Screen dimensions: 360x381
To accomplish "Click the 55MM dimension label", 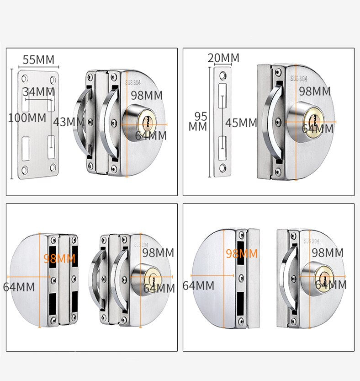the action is (38, 60).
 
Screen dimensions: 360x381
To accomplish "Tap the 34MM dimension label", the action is (38, 92).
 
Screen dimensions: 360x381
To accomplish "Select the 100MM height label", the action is (27, 118).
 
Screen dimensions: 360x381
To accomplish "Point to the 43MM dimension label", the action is (69, 122).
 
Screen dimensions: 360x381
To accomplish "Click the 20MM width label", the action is (223, 58).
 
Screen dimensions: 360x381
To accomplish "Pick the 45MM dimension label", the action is (241, 123).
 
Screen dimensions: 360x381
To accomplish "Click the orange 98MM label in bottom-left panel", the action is (59, 259).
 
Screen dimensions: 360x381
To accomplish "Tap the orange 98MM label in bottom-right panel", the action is (242, 254).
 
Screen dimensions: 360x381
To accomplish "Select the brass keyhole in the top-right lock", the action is (313, 121).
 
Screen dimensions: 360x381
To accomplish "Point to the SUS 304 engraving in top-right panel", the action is (299, 79).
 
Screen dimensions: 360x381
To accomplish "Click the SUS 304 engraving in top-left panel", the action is (133, 83).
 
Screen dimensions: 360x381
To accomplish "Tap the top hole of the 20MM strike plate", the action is (222, 75).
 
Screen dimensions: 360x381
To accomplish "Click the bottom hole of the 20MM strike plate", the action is (222, 168).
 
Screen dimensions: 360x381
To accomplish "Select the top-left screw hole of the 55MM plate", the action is (25, 79).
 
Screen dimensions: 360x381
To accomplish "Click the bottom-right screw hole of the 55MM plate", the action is (53, 167).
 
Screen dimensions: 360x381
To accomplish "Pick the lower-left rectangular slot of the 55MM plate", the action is (26, 149).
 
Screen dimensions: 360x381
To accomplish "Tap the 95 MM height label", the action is (198, 122).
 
